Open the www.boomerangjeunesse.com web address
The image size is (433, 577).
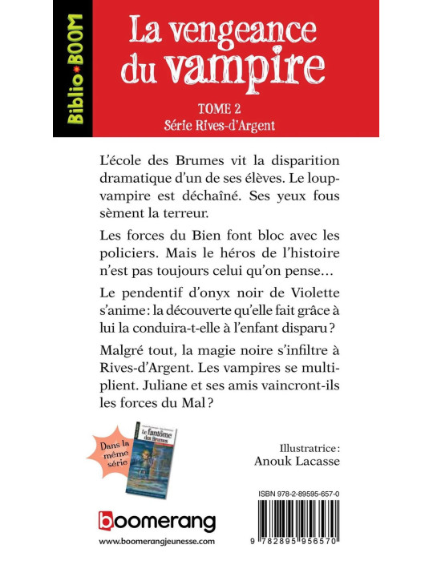(157, 543)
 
